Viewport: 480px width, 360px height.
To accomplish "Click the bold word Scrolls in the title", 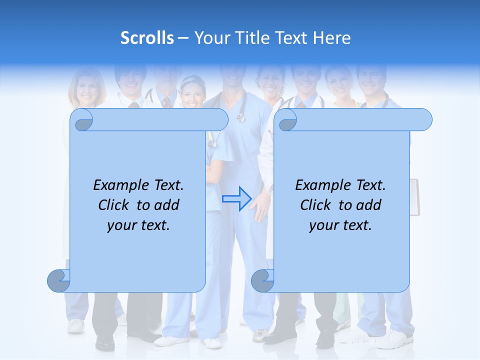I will (147, 38).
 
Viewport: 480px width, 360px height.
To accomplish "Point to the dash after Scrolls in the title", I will (183, 38).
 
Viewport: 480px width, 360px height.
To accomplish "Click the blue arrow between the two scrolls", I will (236, 198).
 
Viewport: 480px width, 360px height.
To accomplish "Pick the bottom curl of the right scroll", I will (262, 281).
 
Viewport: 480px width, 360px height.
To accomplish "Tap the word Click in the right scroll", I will (315, 205).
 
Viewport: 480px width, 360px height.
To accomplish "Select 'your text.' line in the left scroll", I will (138, 225).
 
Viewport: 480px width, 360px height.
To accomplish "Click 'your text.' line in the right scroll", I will (340, 225).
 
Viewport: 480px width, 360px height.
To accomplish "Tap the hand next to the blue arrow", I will (260, 206).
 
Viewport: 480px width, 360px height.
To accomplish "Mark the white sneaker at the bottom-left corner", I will (76, 325).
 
